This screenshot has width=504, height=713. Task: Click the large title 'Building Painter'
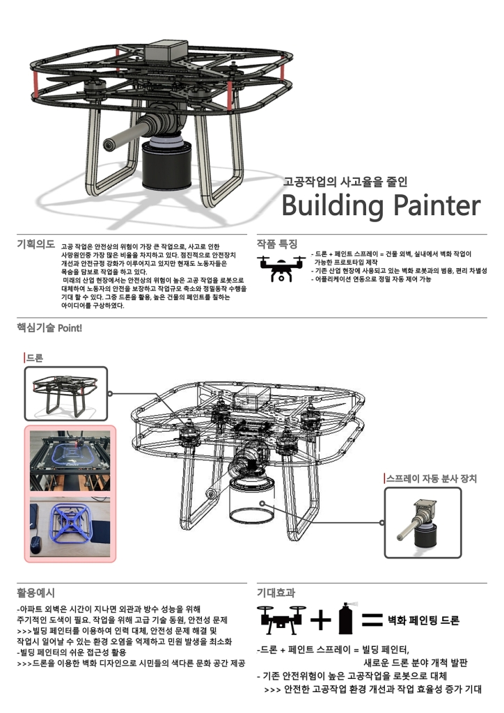380,206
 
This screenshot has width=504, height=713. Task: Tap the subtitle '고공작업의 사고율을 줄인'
345,182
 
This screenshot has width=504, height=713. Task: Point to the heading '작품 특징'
277,244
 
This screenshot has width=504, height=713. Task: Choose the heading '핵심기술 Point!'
49,327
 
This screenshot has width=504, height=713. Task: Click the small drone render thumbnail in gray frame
66,394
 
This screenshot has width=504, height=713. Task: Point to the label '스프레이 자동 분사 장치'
431,478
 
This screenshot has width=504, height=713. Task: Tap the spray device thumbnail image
423,523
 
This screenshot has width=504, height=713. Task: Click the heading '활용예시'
36,593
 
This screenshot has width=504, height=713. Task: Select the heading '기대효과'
276,593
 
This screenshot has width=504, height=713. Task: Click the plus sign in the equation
320,619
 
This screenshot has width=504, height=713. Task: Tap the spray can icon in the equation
343,618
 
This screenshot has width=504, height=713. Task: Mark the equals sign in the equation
372,619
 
